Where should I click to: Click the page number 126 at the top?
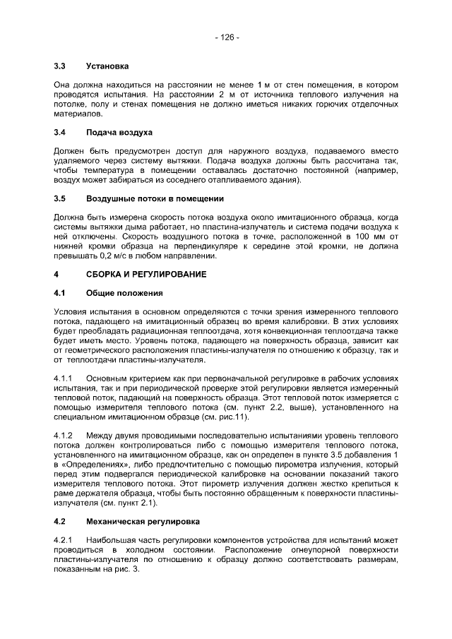[227, 37]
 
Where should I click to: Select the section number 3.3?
[60, 67]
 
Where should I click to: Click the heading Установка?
[107, 67]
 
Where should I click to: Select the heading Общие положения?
[124, 292]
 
